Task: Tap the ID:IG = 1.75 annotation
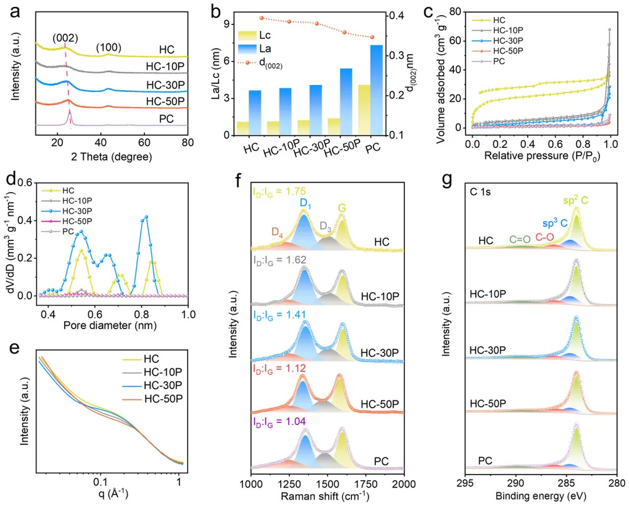(283, 192)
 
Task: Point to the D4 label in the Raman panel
(276, 234)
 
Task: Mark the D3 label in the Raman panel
(325, 225)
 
